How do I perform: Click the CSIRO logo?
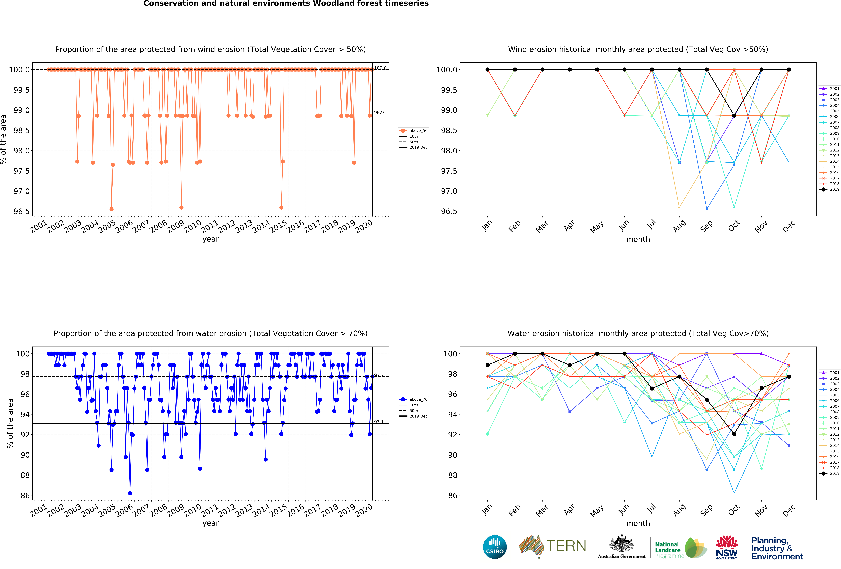click(x=495, y=547)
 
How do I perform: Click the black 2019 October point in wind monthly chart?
click(x=734, y=116)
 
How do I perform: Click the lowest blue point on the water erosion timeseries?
click(x=130, y=493)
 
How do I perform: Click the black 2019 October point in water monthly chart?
click(x=734, y=434)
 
